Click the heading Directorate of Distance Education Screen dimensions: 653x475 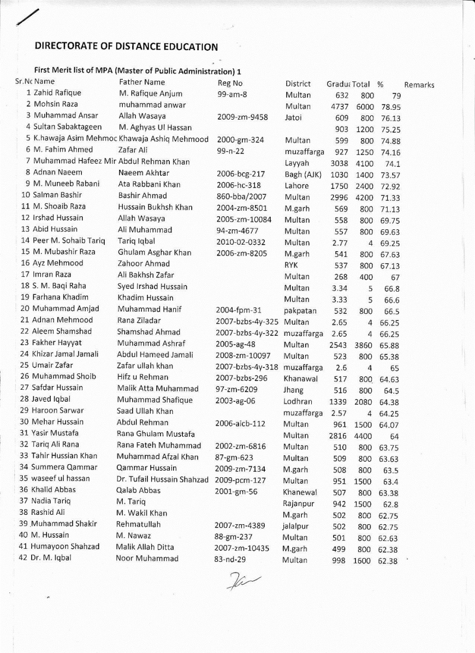(x=126, y=46)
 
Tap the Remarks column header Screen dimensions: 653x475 (x=419, y=85)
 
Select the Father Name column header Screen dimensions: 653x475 (x=142, y=82)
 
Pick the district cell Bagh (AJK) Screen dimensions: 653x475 (x=302, y=175)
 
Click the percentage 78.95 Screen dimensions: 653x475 (x=391, y=107)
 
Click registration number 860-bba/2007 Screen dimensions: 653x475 (x=241, y=197)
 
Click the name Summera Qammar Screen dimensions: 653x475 (x=64, y=467)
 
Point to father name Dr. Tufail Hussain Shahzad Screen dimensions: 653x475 (x=162, y=479)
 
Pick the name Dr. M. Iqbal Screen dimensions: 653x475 (x=51, y=558)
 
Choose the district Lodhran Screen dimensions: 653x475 (x=298, y=401)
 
